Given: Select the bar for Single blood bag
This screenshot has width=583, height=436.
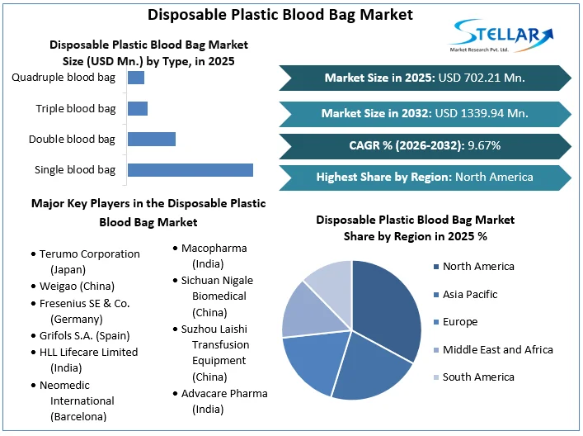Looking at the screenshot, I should coord(190,169).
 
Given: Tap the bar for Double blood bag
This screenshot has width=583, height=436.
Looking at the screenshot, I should coord(151,139).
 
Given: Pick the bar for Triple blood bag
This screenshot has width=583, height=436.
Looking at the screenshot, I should coord(137,108).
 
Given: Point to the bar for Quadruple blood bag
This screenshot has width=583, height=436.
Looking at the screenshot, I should coord(135,78).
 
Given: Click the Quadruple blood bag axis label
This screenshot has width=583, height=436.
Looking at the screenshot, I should coord(63,78).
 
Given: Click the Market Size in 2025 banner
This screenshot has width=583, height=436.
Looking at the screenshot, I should coord(424,78).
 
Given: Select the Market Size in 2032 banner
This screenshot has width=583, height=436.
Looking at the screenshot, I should coord(424,112).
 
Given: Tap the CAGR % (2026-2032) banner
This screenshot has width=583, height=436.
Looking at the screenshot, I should coord(424,145).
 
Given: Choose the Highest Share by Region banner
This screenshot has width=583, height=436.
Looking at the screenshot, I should coord(424,177).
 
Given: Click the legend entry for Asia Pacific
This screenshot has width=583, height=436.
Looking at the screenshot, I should coord(469,294).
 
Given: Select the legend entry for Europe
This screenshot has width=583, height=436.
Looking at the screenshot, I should coord(459,322).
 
